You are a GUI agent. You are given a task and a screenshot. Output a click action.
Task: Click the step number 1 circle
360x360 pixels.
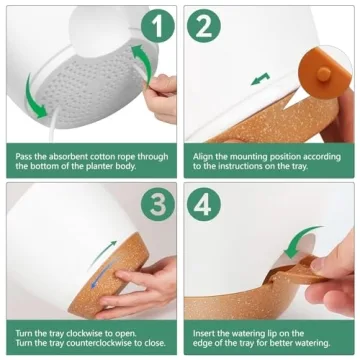pos(158,26)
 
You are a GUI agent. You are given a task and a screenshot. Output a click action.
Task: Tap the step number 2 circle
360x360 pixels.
pos(204,26)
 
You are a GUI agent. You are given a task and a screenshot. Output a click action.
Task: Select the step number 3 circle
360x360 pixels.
pos(158,204)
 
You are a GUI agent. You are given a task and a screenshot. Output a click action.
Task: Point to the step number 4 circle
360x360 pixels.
pos(204,204)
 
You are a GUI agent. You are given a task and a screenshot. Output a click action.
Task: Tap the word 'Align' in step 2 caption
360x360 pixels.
pos(203,157)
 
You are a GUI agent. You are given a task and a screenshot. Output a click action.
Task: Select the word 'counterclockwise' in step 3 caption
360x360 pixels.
pos(101,343)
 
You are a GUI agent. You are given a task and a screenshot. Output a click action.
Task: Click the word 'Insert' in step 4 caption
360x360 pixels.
pos(203,333)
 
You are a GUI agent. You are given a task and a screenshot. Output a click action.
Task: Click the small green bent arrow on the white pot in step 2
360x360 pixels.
pos(260,79)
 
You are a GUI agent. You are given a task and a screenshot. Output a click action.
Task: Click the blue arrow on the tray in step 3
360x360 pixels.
pos(102,274)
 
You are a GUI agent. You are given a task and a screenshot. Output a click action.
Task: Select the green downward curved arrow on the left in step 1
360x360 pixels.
pos(33,97)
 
